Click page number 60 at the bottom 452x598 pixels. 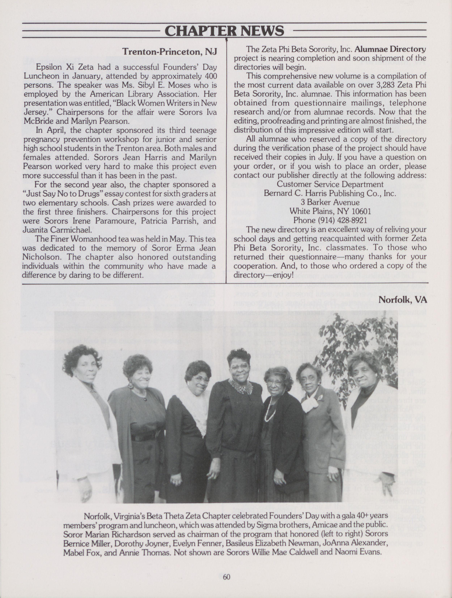click(x=226, y=577)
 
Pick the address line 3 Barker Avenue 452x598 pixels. click(x=330, y=202)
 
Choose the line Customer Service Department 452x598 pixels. click(x=330, y=184)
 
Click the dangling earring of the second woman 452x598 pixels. click(x=131, y=385)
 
